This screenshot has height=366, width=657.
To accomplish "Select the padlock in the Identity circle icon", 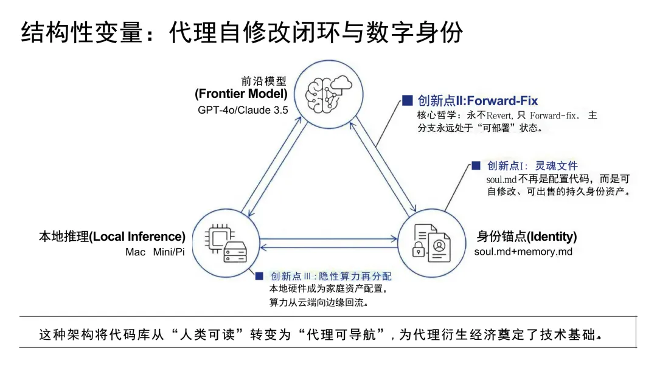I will pos(419,250).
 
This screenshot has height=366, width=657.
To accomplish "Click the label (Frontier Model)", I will pos(241,94).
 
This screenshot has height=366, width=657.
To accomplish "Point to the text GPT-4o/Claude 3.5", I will pos(243,110).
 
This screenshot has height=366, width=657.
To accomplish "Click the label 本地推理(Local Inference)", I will pos(112,237).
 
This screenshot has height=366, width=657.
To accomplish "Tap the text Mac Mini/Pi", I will pos(155,252).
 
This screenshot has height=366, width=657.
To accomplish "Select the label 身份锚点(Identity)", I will pos(527,237).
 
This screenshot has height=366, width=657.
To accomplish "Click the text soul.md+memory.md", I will pos(523,252).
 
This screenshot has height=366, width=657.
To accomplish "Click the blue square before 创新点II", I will pos(407,100).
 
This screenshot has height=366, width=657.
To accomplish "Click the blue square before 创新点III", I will pos(260,276).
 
